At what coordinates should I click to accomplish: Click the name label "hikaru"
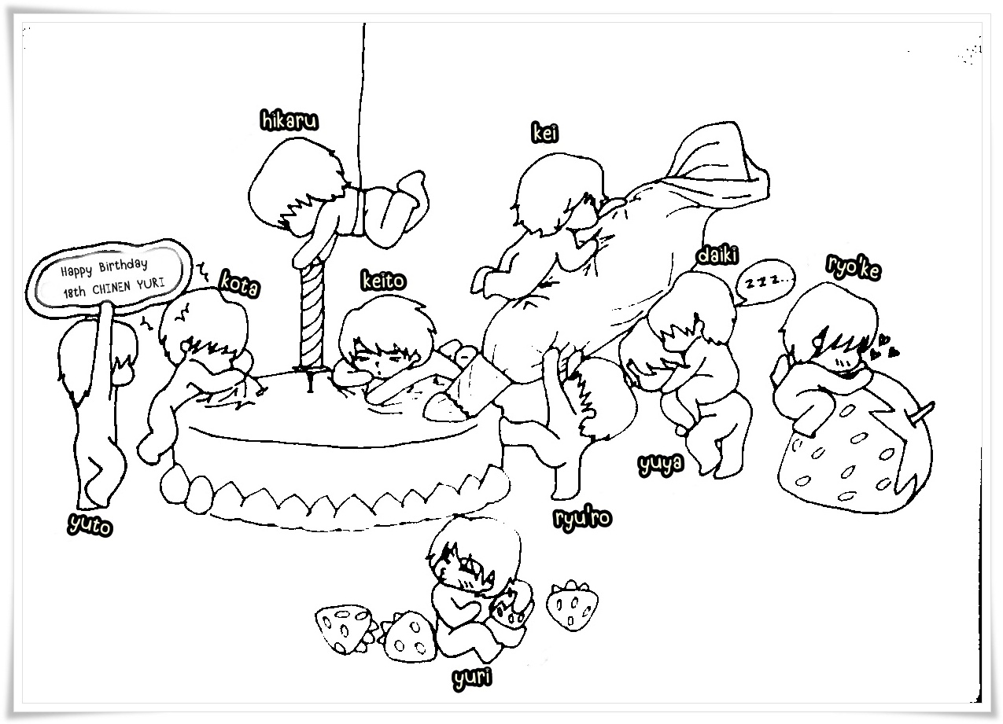coord(289,121)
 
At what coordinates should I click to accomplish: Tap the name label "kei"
coord(545,134)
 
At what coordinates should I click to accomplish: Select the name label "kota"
coord(239,284)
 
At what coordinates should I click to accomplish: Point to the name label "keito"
coord(383,281)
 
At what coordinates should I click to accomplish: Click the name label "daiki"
coord(717,255)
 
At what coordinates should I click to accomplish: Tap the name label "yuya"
coord(661,465)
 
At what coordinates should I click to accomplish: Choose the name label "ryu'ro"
coord(583,519)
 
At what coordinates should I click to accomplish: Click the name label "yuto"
coord(90,524)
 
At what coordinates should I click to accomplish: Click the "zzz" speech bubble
coord(765,282)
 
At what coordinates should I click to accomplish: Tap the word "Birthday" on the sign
coord(123,266)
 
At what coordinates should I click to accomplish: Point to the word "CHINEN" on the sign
coord(112,287)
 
